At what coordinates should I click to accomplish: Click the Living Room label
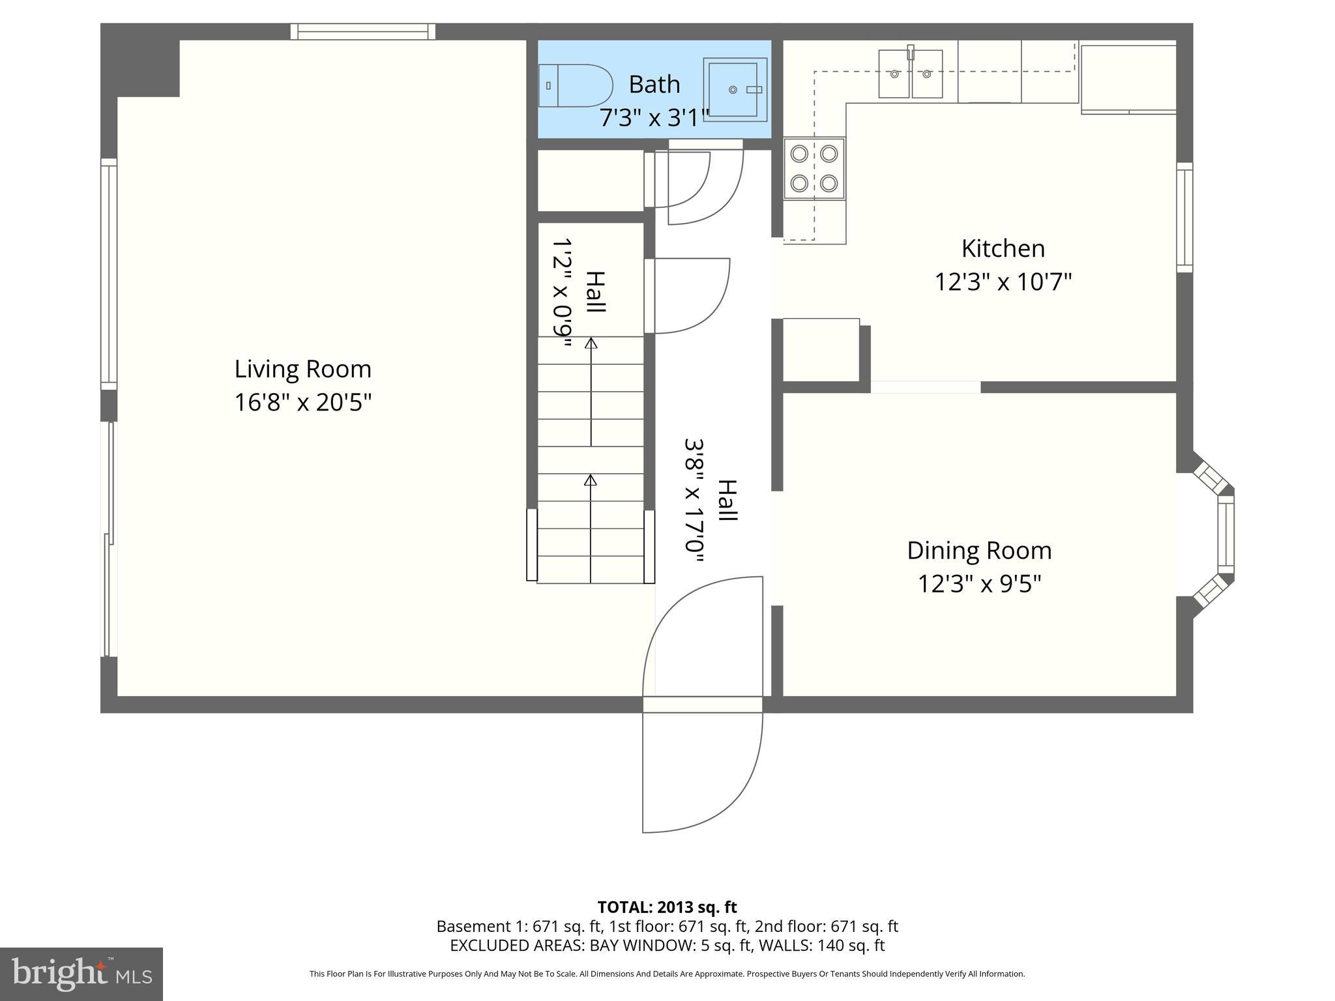click(x=302, y=369)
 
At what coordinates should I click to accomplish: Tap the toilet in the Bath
click(x=576, y=85)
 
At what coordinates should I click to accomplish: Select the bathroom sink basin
click(x=735, y=89)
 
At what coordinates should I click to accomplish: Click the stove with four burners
click(x=814, y=169)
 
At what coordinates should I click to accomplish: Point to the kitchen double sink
click(x=911, y=74)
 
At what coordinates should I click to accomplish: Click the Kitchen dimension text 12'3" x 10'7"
click(x=1003, y=282)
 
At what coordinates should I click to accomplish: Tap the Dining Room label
click(x=979, y=551)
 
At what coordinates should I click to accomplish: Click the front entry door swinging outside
click(x=701, y=772)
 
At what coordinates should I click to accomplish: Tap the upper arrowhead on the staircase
click(x=591, y=343)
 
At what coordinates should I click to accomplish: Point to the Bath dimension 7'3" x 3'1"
click(x=654, y=118)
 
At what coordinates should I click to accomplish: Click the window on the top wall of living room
click(x=362, y=31)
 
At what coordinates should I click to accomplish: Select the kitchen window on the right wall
click(x=1184, y=217)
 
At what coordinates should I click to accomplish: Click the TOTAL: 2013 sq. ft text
click(x=667, y=907)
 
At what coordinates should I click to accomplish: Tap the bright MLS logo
click(x=81, y=974)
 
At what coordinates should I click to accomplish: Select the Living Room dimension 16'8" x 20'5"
click(x=302, y=402)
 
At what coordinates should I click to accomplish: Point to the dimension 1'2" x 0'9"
click(x=562, y=292)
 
